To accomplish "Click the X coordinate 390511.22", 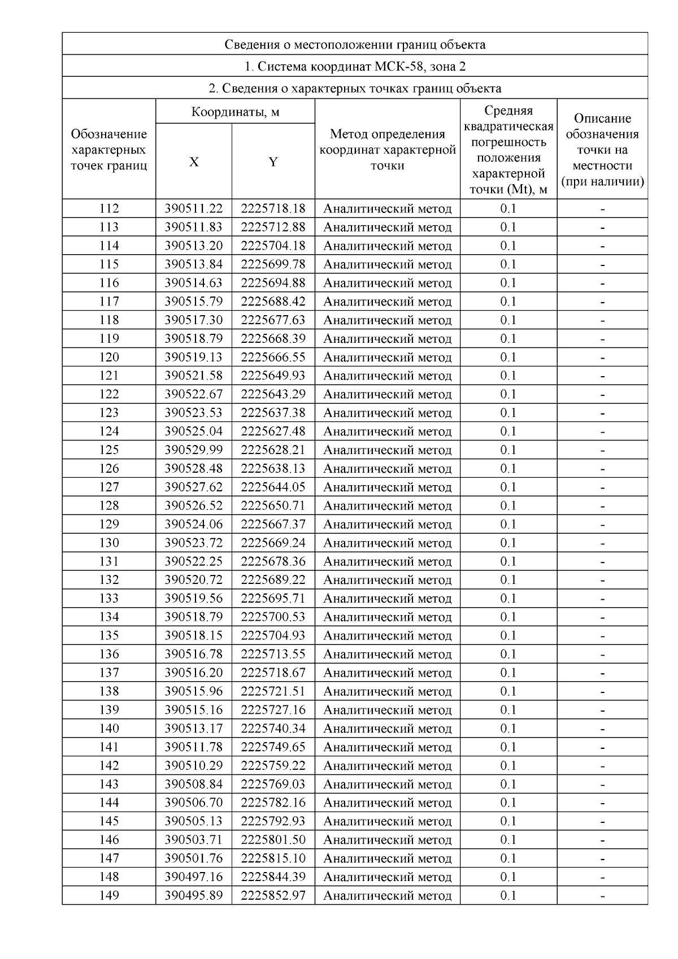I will (194, 208).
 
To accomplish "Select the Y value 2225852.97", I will (273, 895).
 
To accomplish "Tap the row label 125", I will (109, 450).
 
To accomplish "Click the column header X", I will (194, 162).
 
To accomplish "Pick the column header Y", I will (273, 162).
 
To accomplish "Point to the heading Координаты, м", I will (235, 112).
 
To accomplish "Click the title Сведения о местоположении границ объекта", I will (355, 44).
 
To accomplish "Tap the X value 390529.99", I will (194, 450).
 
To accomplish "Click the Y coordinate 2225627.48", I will (273, 431).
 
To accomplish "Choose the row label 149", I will (109, 895).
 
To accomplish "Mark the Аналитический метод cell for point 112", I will (387, 208).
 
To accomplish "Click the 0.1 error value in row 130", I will (508, 543).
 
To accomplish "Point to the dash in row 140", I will (602, 729).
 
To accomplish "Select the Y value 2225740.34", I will (273, 728).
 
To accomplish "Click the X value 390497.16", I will (194, 877).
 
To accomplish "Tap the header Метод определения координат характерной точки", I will (387, 150).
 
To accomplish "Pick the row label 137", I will (109, 673).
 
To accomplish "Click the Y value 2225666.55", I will (273, 357).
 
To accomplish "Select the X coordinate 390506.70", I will (194, 803).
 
